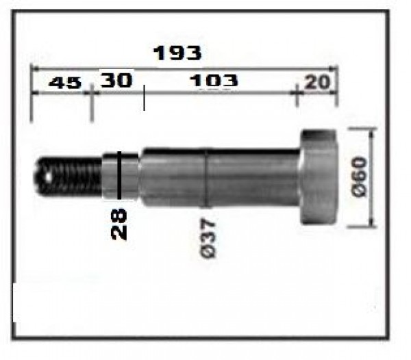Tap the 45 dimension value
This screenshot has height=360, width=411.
(66, 82)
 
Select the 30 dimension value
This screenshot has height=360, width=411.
(116, 79)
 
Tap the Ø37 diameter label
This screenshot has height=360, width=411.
(210, 238)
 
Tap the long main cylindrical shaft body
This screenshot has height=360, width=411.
(219, 178)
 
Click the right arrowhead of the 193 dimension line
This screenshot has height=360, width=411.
(334, 68)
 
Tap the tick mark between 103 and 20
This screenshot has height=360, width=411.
(296, 89)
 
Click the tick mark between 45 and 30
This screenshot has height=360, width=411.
(91, 90)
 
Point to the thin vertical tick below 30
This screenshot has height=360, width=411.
(144, 99)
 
